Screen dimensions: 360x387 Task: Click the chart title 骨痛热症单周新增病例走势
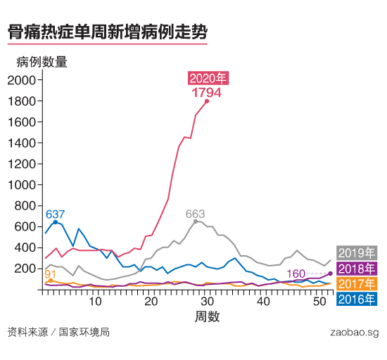107,32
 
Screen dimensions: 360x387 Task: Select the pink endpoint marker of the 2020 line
207,101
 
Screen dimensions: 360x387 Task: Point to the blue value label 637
55,214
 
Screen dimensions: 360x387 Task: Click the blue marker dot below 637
56,222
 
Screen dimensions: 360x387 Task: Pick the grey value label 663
195,213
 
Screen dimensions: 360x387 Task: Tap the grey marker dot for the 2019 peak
196,221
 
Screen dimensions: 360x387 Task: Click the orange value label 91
51,274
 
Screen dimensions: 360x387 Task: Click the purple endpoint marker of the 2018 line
330,273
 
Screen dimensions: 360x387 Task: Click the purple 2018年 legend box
357,269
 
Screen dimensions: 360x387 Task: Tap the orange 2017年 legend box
357,284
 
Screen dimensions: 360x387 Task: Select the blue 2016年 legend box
357,300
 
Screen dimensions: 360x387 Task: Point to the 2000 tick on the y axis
23,80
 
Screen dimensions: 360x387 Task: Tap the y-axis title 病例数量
42,62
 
